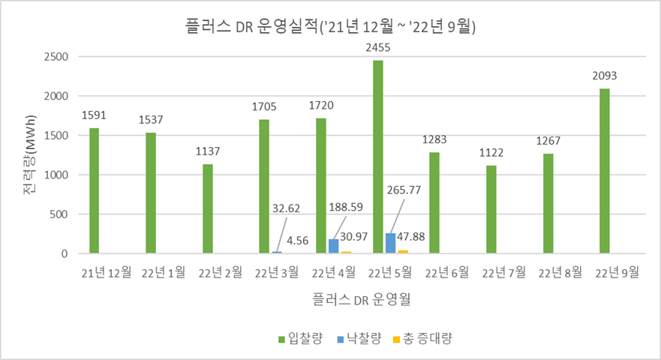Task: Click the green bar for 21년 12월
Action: pos(94,190)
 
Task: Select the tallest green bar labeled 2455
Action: pos(377,157)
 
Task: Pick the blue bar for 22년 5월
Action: pos(389,244)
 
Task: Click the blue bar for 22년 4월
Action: pos(333,247)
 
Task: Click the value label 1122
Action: pos(491,152)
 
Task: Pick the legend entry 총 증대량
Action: pos(427,338)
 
